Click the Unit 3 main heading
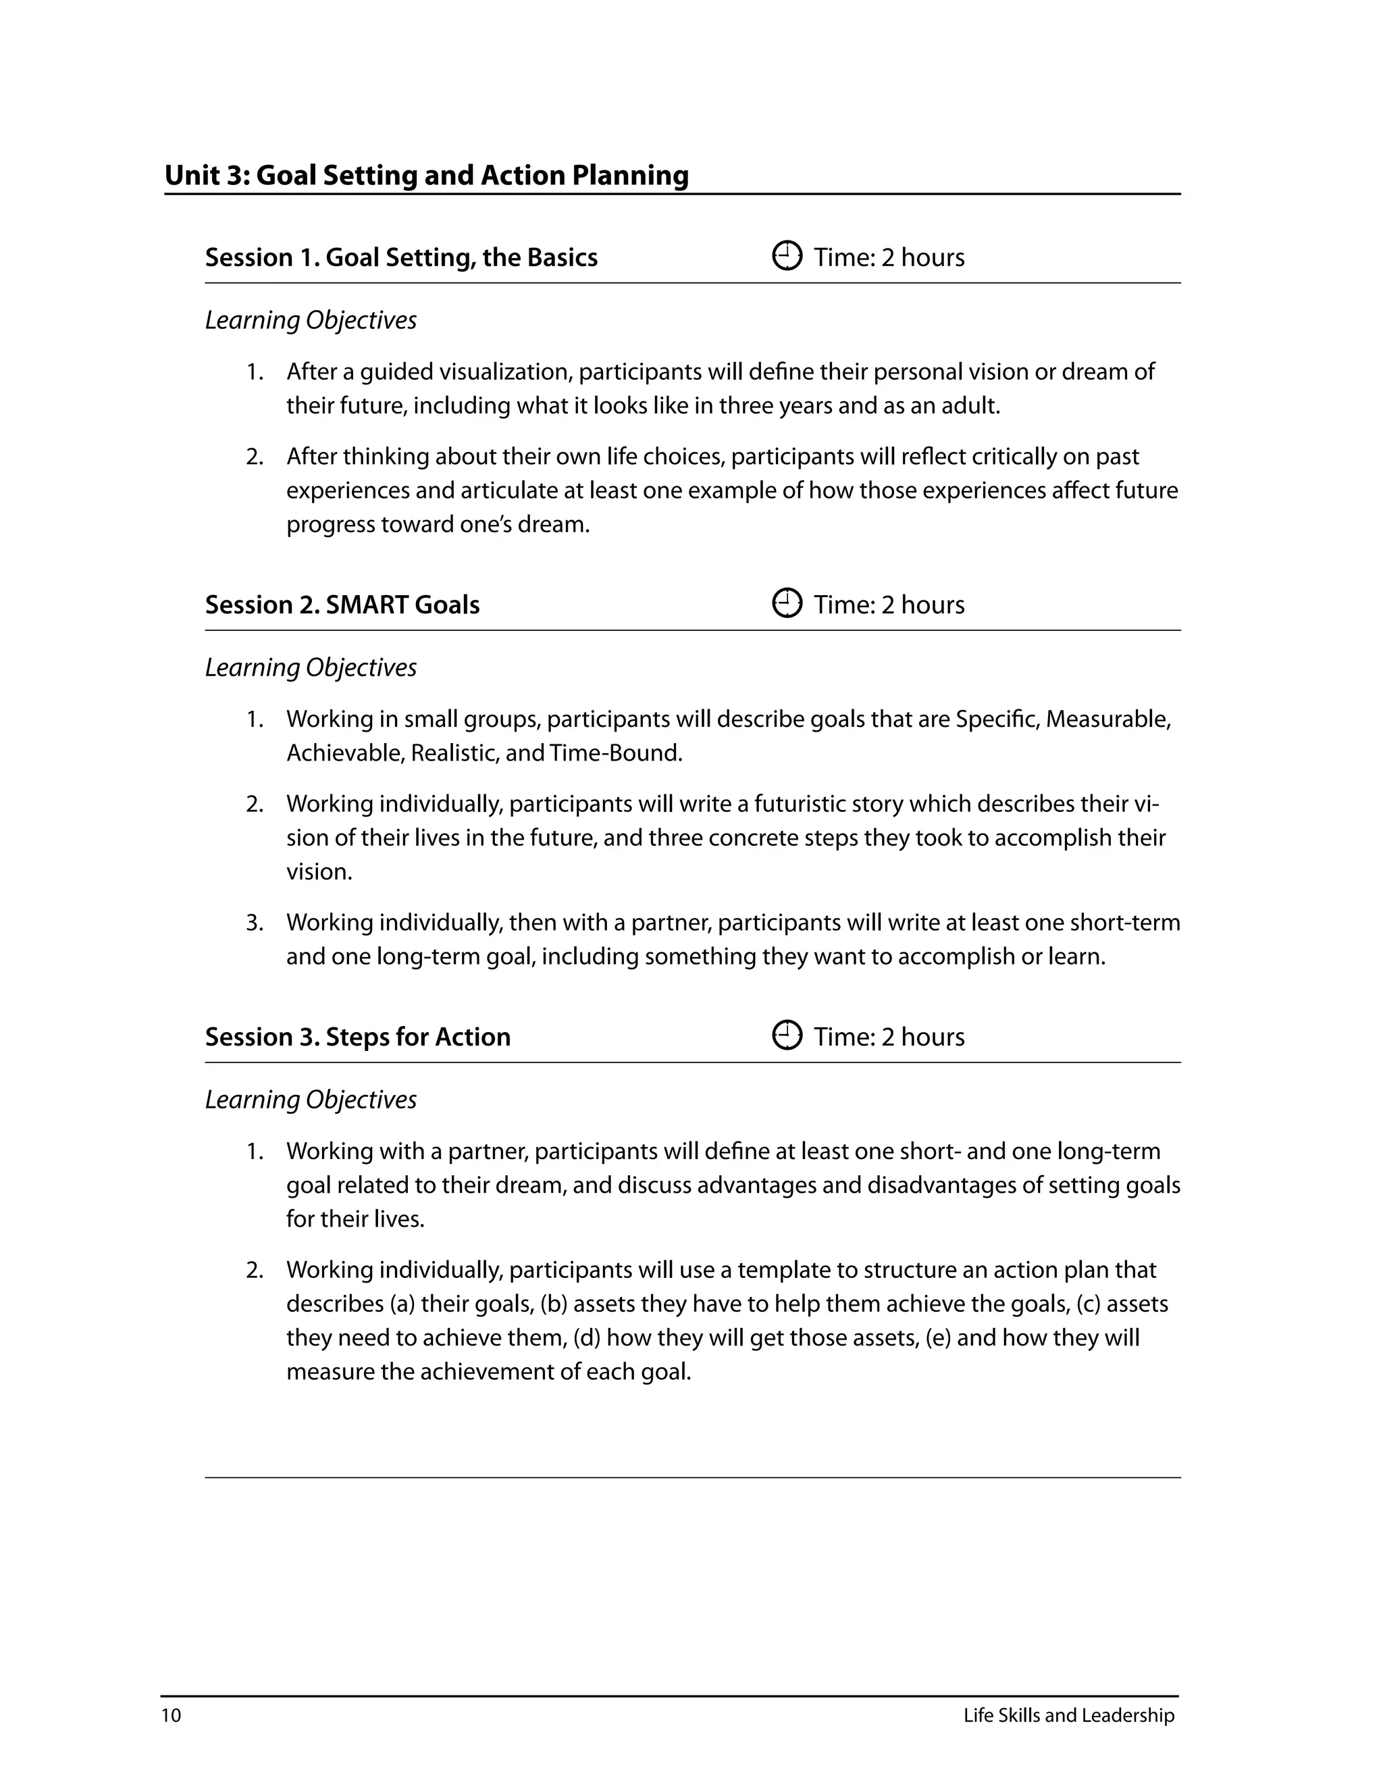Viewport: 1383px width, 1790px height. point(426,176)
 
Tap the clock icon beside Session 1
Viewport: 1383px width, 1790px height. point(787,257)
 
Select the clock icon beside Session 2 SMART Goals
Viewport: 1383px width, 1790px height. point(787,604)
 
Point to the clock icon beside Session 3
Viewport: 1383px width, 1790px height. point(787,1036)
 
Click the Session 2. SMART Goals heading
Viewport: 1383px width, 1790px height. point(342,605)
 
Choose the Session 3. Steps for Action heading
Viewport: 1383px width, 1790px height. point(357,1037)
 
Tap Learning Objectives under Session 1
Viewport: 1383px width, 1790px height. point(311,319)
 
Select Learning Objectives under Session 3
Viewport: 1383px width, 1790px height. point(311,1099)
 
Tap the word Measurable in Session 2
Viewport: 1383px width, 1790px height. point(1107,719)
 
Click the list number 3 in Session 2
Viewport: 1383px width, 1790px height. point(255,922)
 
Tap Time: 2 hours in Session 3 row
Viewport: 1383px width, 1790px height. point(888,1037)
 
